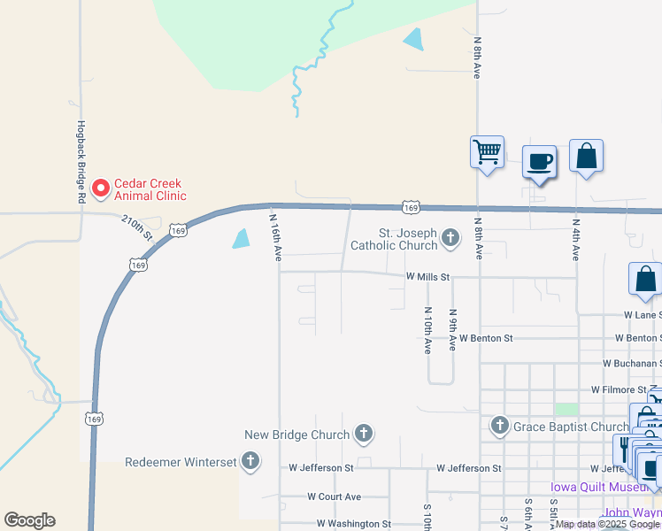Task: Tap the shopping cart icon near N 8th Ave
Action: pyautogui.click(x=487, y=152)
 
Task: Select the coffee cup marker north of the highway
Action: pyautogui.click(x=539, y=162)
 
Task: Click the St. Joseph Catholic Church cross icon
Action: pyautogui.click(x=450, y=236)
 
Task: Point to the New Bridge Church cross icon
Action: pyautogui.click(x=363, y=434)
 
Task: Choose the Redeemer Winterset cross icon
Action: pyautogui.click(x=250, y=460)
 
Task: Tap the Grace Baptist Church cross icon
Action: pyautogui.click(x=499, y=427)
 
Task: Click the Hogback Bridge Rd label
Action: pyautogui.click(x=80, y=162)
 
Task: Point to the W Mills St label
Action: pyautogui.click(x=428, y=277)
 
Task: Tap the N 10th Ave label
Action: pyautogui.click(x=427, y=330)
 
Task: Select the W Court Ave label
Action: pyautogui.click(x=335, y=497)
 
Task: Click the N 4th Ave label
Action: pyautogui.click(x=575, y=239)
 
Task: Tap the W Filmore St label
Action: pyautogui.click(x=620, y=389)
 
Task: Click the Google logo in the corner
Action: pyautogui.click(x=29, y=520)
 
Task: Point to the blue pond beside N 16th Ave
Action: pyautogui.click(x=241, y=238)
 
